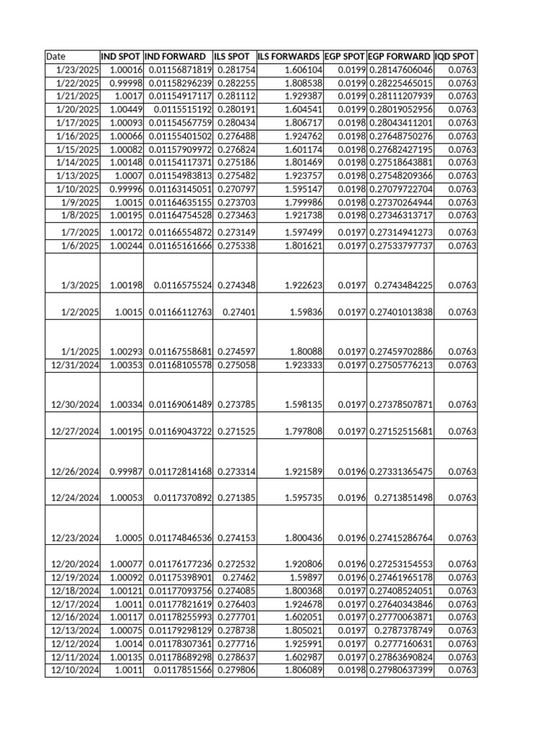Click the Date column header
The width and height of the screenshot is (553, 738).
click(55, 56)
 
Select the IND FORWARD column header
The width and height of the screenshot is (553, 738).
click(178, 56)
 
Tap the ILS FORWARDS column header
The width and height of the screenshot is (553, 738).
click(289, 56)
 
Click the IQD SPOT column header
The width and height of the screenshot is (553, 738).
click(456, 56)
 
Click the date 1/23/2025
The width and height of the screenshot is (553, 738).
click(77, 70)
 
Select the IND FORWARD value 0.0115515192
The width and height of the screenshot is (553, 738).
click(182, 110)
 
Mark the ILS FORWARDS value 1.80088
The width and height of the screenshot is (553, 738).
click(306, 352)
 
